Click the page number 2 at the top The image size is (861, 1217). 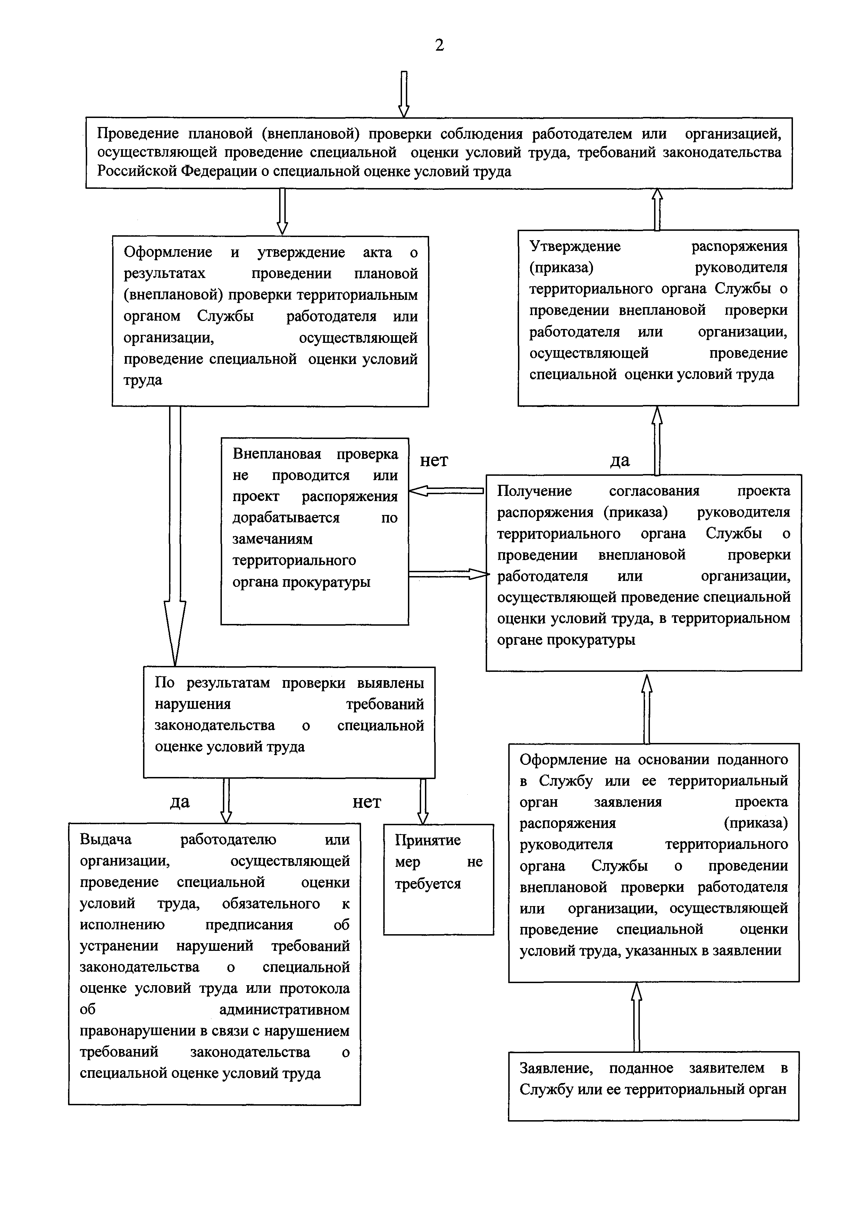(440, 45)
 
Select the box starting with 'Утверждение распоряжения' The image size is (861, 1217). (658, 318)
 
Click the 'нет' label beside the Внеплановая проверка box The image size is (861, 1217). (434, 460)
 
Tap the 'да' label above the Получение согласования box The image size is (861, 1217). (620, 460)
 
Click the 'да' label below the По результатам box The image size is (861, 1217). (180, 802)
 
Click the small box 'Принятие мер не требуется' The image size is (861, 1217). (438, 879)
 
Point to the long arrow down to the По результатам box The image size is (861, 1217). (175, 535)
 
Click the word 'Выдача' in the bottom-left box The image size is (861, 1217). (106, 839)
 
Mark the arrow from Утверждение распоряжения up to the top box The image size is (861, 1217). (658, 209)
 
